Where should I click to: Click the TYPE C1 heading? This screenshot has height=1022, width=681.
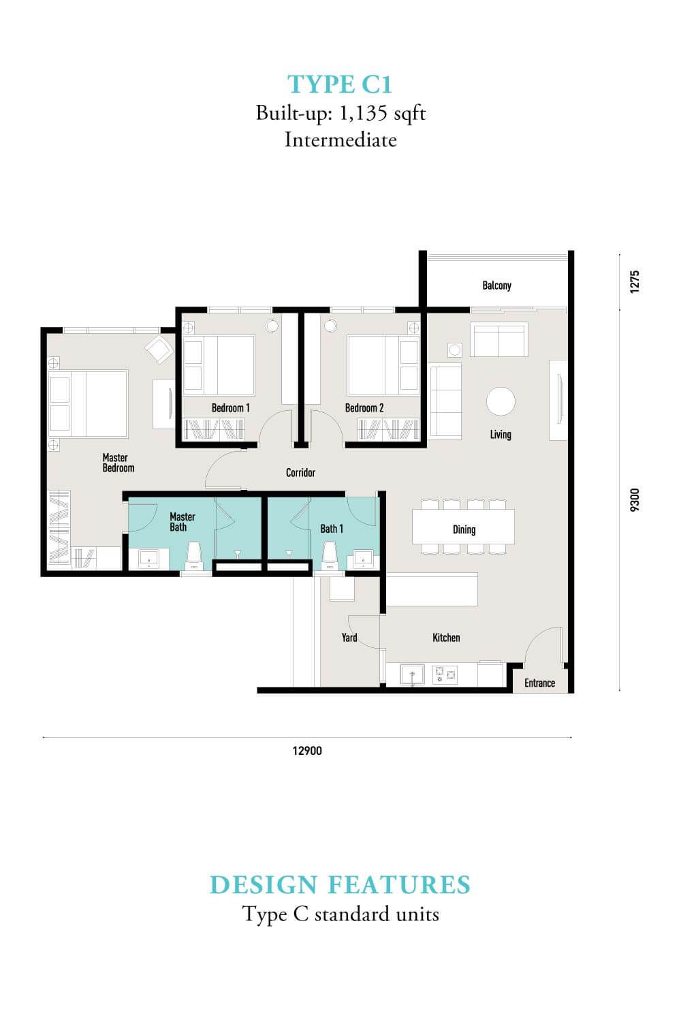click(340, 84)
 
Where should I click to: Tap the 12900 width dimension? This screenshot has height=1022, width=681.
click(307, 751)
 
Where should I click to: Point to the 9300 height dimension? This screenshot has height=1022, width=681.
click(635, 499)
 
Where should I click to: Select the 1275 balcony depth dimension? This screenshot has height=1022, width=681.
click(635, 281)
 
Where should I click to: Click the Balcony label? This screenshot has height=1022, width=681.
click(496, 285)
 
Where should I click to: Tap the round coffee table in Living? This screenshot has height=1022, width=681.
click(501, 401)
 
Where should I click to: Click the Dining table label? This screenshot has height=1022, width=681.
click(464, 529)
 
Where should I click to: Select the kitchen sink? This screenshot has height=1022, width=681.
click(412, 675)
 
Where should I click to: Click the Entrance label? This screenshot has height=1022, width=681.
click(539, 683)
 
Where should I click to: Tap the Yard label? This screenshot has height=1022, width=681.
click(349, 637)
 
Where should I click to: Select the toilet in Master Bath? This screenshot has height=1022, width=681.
click(195, 556)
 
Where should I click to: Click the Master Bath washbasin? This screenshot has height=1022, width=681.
click(148, 559)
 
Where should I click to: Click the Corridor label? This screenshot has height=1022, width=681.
click(300, 472)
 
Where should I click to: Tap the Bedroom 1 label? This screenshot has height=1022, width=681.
click(230, 408)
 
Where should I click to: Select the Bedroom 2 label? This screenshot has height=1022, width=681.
click(364, 408)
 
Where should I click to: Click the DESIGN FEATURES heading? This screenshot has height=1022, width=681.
click(340, 884)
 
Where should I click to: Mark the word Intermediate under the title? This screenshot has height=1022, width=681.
click(340, 140)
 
